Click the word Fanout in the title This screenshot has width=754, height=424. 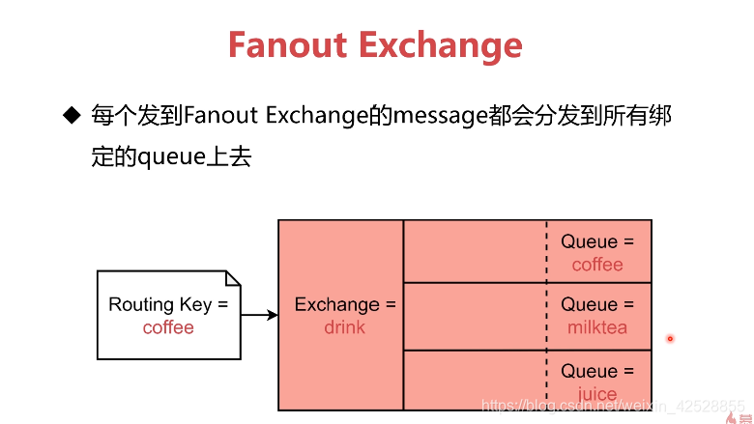tap(289, 44)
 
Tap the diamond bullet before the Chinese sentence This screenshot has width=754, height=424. tap(71, 116)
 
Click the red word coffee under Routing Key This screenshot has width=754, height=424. tap(168, 327)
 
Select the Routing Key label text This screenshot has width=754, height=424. tap(168, 304)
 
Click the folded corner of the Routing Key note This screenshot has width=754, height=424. tap(232, 278)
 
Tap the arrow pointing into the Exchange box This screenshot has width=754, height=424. tap(258, 315)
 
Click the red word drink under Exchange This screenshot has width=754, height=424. tap(345, 327)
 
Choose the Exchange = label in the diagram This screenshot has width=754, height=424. tap(345, 304)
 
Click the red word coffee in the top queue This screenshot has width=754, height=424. tap(597, 265)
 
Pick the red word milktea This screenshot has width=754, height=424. tap(597, 327)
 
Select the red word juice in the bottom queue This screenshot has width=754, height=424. tap(597, 394)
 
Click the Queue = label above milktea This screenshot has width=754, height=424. tap(597, 304)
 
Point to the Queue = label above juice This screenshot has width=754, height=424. tap(597, 371)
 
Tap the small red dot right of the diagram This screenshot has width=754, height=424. tap(669, 338)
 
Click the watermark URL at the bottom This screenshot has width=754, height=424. tap(613, 407)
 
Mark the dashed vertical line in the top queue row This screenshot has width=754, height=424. tap(546, 251)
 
